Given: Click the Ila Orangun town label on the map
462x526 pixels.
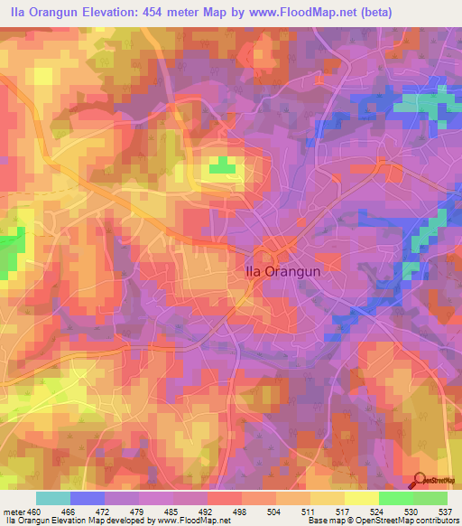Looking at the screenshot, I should pos(282,268).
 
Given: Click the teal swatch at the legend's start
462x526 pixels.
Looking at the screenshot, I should pos(52,498).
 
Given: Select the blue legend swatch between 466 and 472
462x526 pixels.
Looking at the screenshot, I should pos(87,498).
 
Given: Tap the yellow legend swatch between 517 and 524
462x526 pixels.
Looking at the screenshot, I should pos(361,498).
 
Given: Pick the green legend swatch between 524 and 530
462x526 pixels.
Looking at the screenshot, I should pos(395,498).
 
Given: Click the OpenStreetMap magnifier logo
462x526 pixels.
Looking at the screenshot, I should pos(420,480).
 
